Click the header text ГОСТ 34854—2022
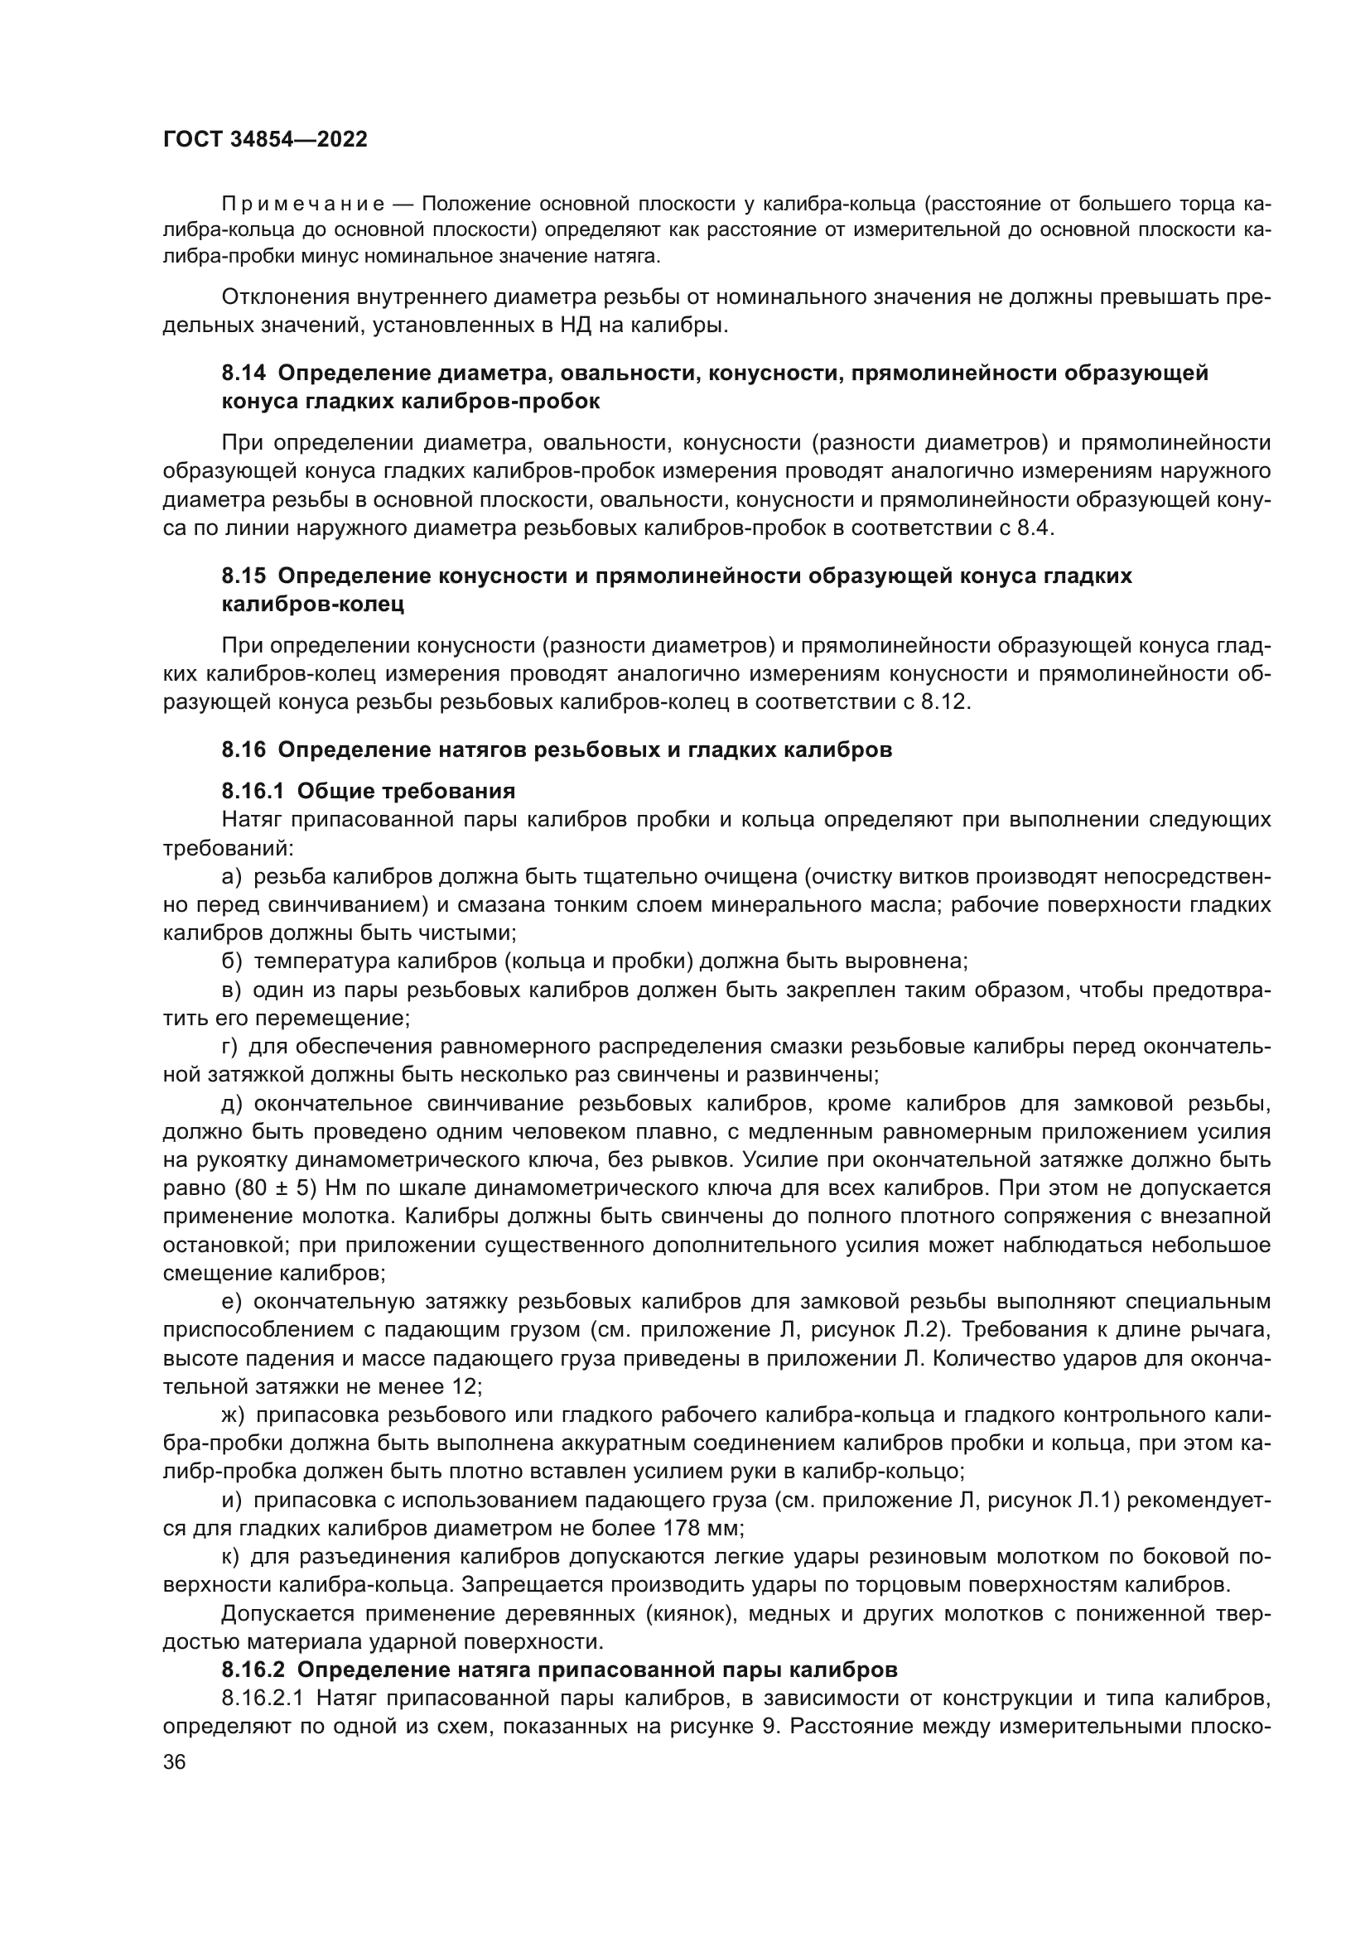(x=265, y=140)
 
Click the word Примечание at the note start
(x=303, y=205)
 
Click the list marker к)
(x=232, y=1557)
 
